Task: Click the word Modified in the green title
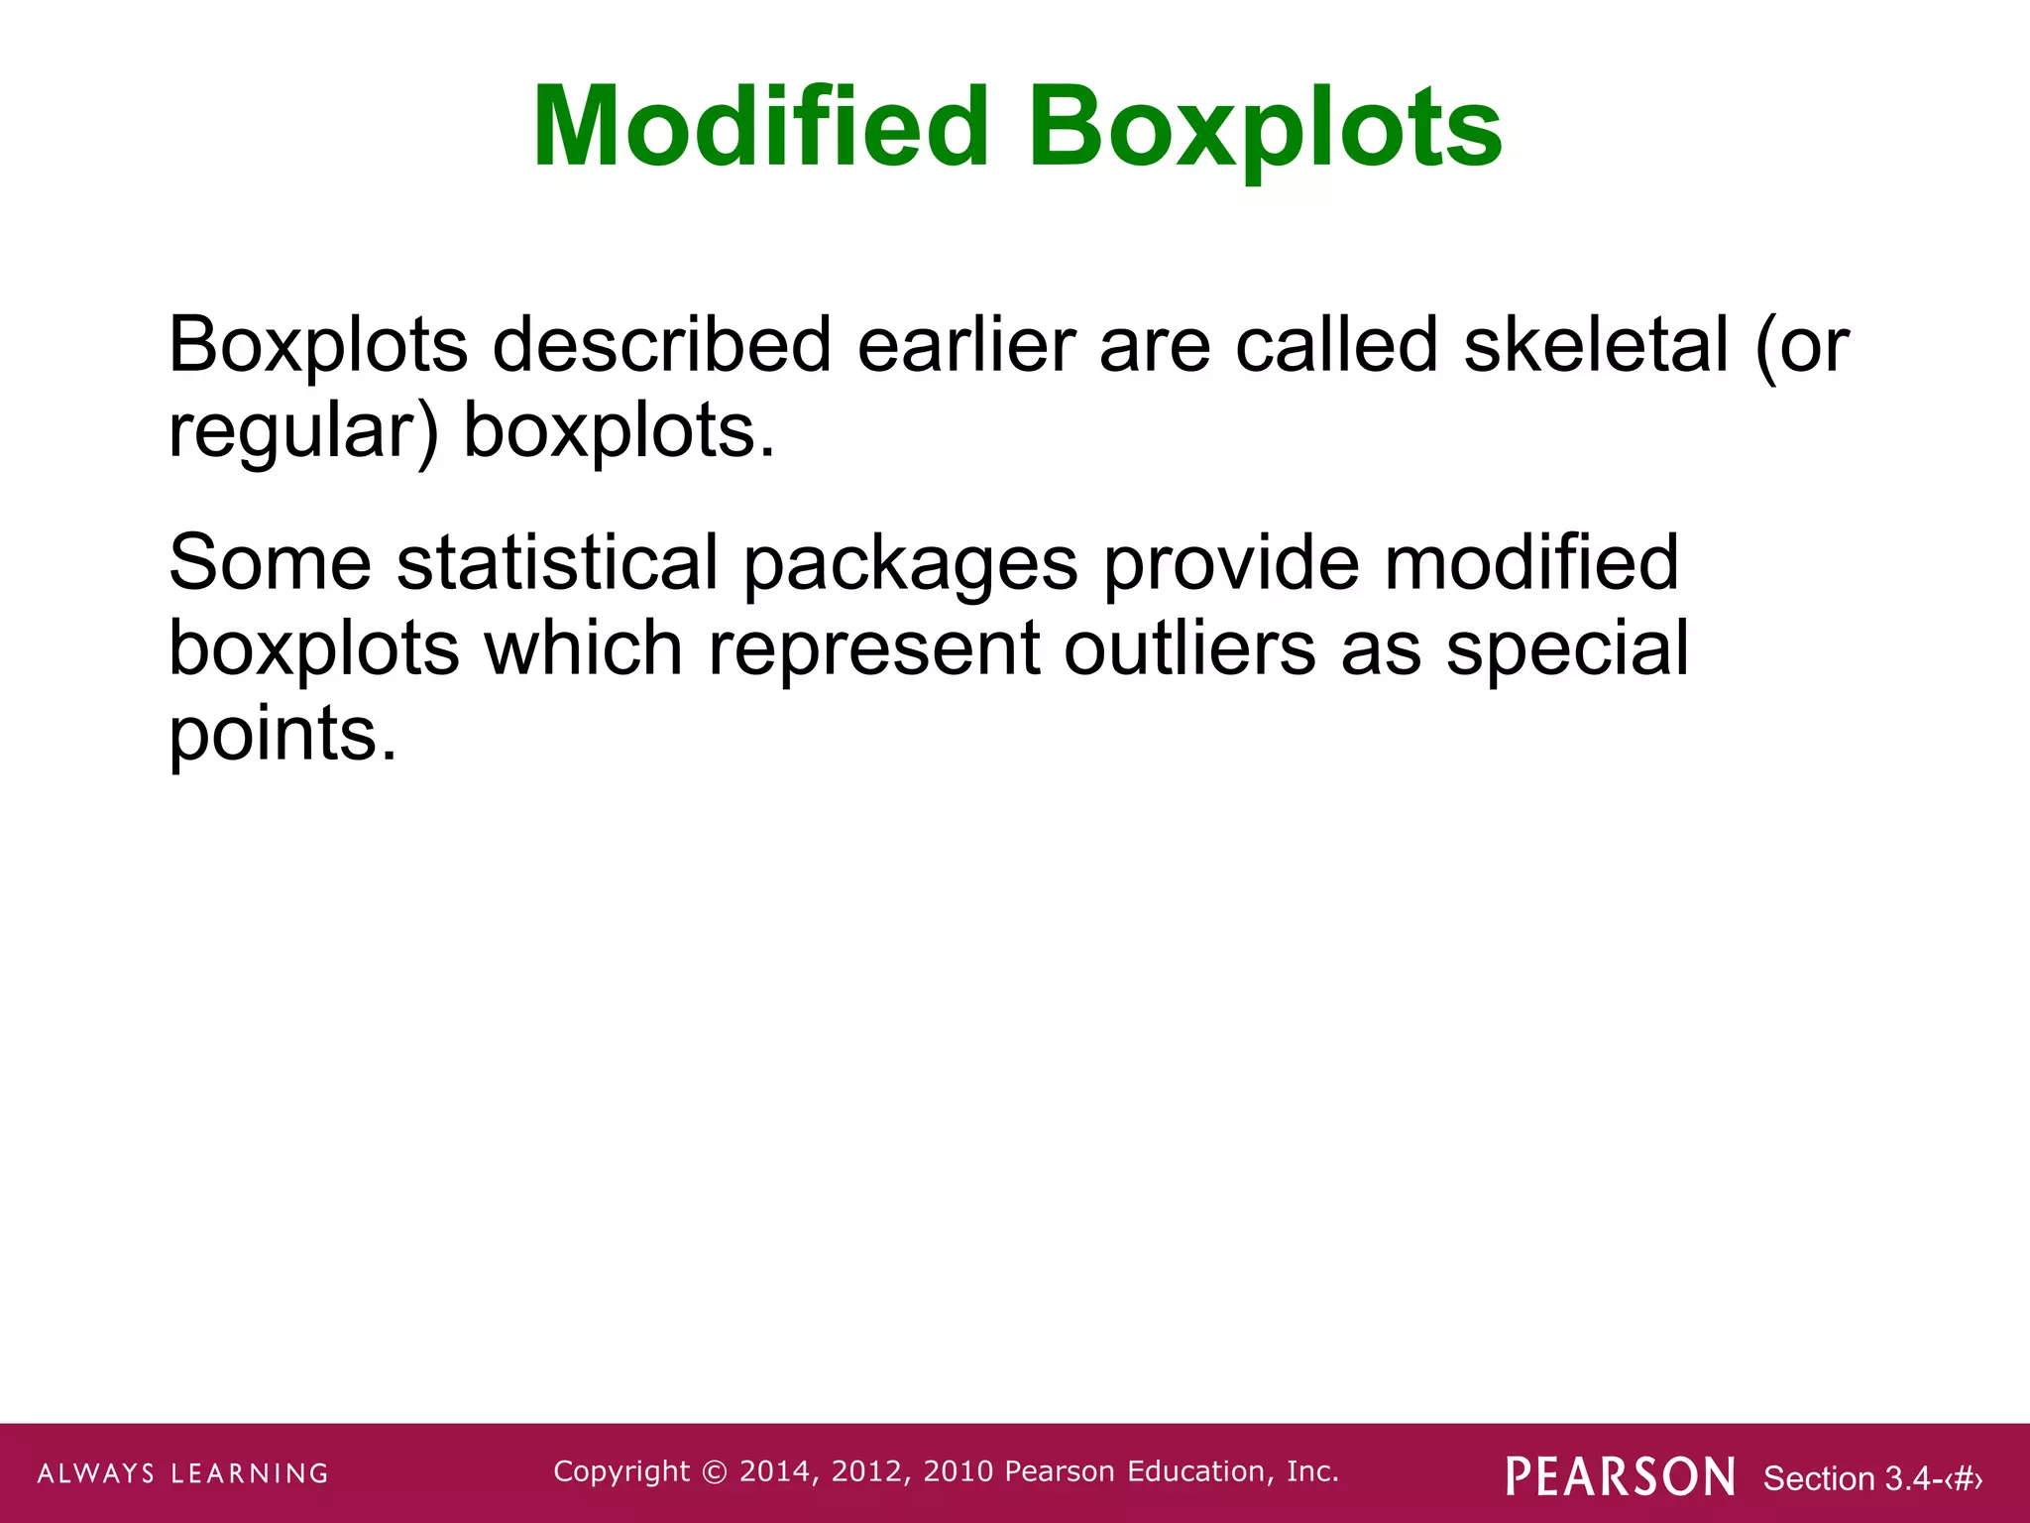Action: click(760, 128)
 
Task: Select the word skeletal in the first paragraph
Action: click(1596, 345)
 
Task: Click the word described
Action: click(662, 345)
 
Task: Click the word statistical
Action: click(557, 562)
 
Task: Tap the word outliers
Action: click(1189, 648)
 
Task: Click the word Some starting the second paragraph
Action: click(270, 562)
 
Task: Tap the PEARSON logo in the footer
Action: click(1621, 1476)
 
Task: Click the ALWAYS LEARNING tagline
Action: click(183, 1473)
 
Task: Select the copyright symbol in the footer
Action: click(714, 1472)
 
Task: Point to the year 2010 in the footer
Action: click(958, 1471)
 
